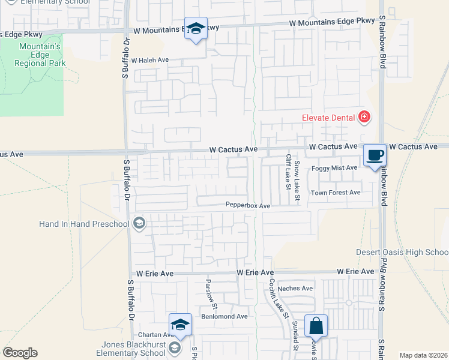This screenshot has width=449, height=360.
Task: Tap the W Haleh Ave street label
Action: tap(150, 61)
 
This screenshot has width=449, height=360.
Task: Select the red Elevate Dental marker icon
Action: tap(364, 117)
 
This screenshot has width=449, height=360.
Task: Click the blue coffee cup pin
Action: tap(375, 155)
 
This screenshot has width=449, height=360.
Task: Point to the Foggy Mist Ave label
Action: tap(334, 168)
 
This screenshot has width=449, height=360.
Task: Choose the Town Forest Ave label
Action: tap(335, 193)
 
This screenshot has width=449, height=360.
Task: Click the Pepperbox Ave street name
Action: tap(248, 205)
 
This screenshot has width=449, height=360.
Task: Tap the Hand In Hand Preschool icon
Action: tap(139, 224)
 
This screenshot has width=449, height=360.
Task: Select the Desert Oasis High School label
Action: tap(402, 251)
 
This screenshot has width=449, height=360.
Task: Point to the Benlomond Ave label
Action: tap(224, 316)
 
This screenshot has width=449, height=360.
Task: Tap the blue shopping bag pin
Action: tap(316, 326)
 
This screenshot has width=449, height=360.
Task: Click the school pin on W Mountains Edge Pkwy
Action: tap(196, 29)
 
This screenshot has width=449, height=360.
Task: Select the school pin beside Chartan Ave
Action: tap(180, 325)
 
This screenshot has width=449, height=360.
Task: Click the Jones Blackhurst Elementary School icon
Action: tap(174, 348)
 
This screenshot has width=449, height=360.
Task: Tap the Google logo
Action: tap(20, 353)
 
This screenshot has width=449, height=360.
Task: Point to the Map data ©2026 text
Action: tap(423, 355)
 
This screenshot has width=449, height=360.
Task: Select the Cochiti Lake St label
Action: tap(278, 298)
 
